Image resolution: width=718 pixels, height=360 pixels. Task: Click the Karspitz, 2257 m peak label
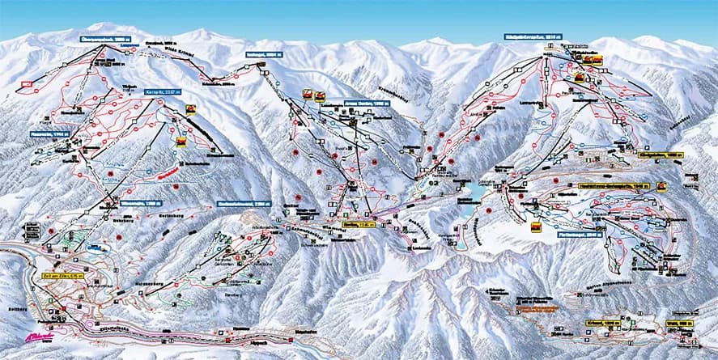(163, 91)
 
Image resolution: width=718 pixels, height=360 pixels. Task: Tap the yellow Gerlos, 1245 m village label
(359, 223)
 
